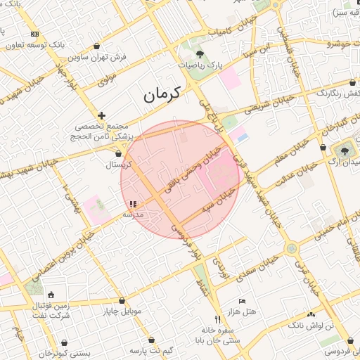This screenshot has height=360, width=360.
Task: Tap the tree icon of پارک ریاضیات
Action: tap(200, 53)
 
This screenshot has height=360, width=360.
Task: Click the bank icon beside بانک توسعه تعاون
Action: tap(34, 34)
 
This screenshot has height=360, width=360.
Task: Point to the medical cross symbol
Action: tap(102, 115)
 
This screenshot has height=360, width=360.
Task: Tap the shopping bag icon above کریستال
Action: tap(118, 153)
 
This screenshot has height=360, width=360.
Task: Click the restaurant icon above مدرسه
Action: tap(134, 204)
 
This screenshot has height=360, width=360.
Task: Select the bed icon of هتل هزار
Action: tap(242, 301)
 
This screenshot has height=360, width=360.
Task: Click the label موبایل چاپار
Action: tap(122, 310)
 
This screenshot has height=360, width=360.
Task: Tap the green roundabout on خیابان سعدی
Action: tap(290, 248)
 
